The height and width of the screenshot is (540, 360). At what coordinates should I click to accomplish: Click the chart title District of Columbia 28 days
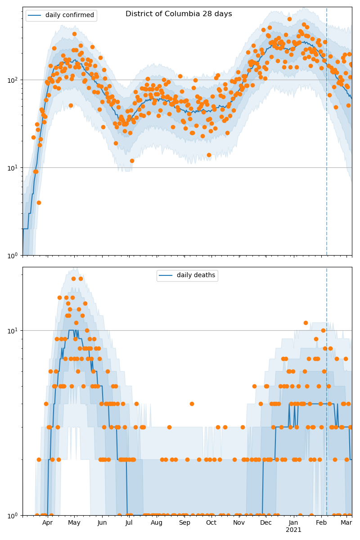(x=179, y=14)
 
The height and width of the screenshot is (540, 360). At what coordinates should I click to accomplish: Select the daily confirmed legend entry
(x=69, y=15)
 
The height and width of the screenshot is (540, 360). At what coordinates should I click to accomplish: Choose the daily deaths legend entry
(x=196, y=275)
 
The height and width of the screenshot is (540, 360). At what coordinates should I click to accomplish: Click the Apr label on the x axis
(x=47, y=522)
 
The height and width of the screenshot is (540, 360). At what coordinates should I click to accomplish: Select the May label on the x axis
(x=74, y=522)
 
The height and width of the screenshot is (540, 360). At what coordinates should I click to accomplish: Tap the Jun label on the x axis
(x=102, y=522)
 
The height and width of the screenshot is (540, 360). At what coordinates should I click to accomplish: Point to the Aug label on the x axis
(x=157, y=522)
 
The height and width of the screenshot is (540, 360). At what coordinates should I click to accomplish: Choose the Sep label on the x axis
(x=184, y=522)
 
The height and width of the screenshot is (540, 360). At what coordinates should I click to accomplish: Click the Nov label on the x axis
(x=239, y=522)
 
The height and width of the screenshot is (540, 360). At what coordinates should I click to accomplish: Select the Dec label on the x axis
(x=266, y=522)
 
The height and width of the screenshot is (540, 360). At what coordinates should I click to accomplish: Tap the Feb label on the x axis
(x=321, y=522)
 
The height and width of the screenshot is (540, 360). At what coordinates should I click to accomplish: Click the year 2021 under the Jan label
(x=293, y=530)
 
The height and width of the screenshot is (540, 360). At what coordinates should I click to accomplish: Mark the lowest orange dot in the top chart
(x=39, y=202)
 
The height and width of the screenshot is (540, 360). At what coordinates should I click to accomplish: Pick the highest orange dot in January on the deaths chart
(x=306, y=323)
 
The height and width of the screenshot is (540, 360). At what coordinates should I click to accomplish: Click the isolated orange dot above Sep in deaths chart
(x=192, y=404)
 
